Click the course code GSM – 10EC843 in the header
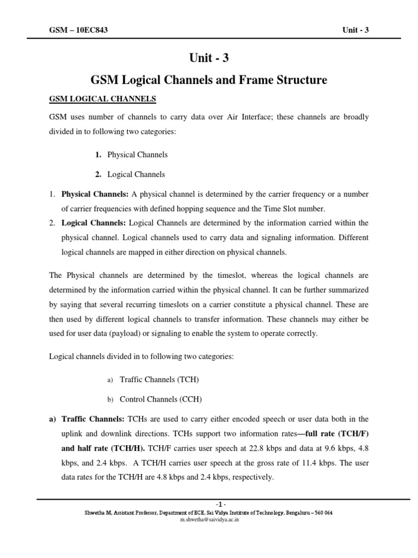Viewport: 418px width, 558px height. (78, 30)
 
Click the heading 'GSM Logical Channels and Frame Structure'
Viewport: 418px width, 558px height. (208, 80)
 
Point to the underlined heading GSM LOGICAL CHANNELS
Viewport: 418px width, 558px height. (103, 99)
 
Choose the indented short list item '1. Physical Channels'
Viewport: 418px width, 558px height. (131, 155)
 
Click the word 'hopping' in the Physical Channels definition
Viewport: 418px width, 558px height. (206, 209)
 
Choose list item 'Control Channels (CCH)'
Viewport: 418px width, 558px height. (161, 399)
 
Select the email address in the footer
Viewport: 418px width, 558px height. (208, 520)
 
